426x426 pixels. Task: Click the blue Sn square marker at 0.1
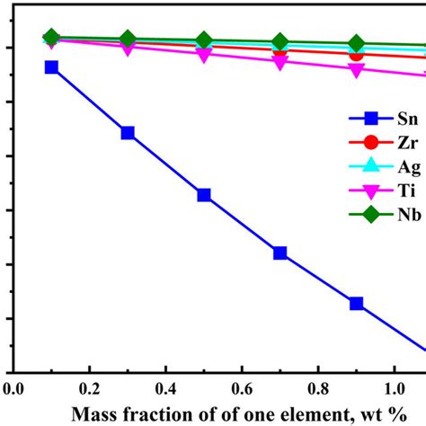pyautogui.click(x=51, y=67)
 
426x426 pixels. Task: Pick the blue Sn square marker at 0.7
pyautogui.click(x=280, y=253)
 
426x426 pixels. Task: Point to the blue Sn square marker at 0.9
pyautogui.click(x=357, y=304)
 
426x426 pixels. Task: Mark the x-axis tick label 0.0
pyautogui.click(x=13, y=389)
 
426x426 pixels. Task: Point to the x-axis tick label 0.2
pyautogui.click(x=89, y=389)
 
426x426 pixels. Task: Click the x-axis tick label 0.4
pyautogui.click(x=165, y=389)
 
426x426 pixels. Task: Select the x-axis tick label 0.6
pyautogui.click(x=242, y=389)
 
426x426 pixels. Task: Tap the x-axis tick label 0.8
pyautogui.click(x=318, y=389)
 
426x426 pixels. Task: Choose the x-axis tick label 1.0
pyautogui.click(x=395, y=389)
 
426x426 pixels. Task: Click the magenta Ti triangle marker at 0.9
pyautogui.click(x=357, y=69)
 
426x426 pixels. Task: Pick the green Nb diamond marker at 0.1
pyautogui.click(x=51, y=38)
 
